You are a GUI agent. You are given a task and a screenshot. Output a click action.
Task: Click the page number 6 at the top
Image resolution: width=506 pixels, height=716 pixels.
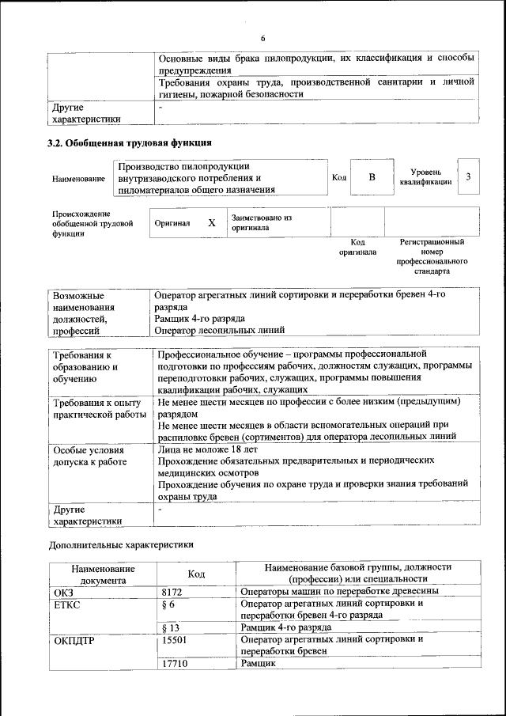[263, 37]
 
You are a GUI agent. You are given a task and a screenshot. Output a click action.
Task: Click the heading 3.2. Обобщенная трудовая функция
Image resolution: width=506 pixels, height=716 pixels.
[130, 143]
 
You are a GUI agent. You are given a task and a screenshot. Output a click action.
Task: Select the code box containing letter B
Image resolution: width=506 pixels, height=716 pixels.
[372, 178]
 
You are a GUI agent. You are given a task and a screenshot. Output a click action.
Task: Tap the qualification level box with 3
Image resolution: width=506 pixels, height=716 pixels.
[469, 177]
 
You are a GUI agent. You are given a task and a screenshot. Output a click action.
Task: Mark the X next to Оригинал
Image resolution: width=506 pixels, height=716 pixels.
[212, 223]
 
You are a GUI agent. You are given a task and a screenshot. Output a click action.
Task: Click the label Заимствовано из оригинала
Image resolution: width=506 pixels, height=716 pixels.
[262, 222]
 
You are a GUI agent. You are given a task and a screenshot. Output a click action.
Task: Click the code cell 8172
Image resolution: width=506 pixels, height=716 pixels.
[172, 592]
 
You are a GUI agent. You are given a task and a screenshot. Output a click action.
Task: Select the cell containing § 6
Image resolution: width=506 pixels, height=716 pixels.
[167, 604]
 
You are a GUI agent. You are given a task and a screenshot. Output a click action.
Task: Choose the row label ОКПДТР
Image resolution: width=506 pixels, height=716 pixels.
[74, 640]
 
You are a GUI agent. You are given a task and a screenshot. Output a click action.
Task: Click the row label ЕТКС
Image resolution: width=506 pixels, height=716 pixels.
[68, 604]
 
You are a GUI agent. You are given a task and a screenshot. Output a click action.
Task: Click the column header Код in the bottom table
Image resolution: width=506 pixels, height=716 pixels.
[197, 574]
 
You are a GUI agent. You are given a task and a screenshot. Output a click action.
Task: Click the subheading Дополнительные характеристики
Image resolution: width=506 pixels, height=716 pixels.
[121, 544]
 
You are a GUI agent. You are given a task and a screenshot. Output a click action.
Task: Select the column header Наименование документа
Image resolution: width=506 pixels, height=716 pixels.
[103, 574]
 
